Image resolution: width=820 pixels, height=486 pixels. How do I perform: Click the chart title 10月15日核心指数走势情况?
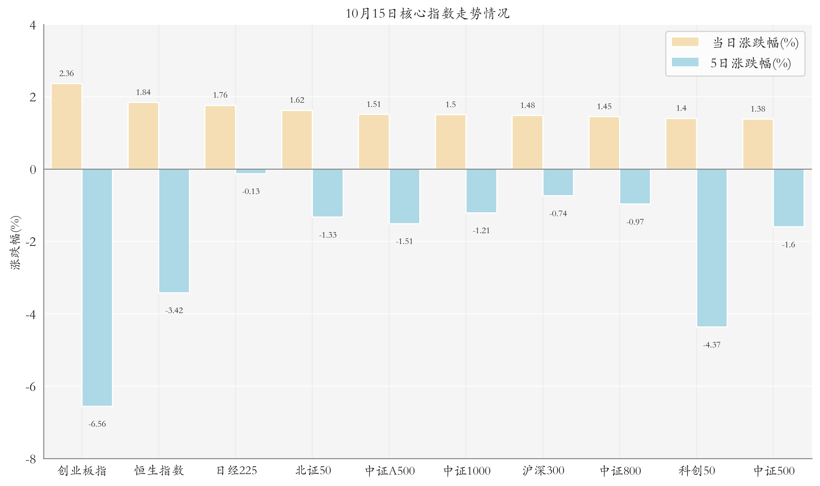tap(427, 13)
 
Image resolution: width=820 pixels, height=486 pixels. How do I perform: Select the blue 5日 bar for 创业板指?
tap(97, 287)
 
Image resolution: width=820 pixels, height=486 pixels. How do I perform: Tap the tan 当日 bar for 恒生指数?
tap(143, 136)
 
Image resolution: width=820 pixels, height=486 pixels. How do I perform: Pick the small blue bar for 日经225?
tap(251, 171)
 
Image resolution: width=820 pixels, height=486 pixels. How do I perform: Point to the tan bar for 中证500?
tap(758, 144)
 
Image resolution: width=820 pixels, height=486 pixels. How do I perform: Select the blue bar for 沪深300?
tap(558, 182)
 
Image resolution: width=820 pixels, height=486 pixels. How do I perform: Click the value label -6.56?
tap(97, 424)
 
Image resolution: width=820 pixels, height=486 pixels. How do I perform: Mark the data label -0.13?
tap(251, 191)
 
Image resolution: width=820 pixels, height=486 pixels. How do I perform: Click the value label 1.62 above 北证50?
tap(297, 100)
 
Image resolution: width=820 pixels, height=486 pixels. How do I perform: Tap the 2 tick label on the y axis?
tap(33, 97)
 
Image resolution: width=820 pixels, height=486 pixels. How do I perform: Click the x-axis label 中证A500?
tap(390, 471)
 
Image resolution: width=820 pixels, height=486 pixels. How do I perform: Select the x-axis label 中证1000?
tap(467, 471)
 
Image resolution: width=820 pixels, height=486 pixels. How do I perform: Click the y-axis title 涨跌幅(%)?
tap(15, 242)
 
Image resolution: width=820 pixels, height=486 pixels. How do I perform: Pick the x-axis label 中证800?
tap(620, 471)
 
